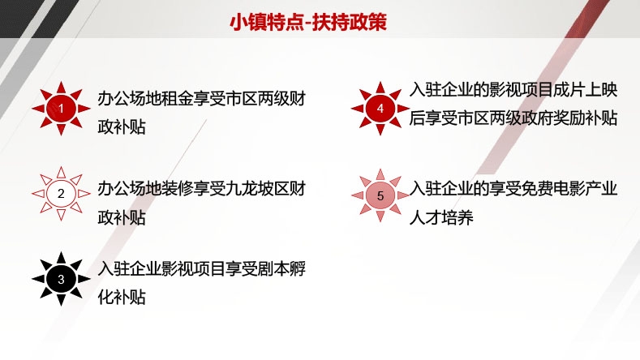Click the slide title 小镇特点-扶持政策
[308, 22]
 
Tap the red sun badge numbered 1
[61, 109]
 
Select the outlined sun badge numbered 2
[61, 194]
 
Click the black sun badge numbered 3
[61, 279]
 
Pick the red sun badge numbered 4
[380, 109]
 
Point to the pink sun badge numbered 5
[380, 195]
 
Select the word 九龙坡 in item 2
[249, 189]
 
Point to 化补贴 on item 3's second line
[122, 297]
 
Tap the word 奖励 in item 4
[569, 118]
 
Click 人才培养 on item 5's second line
[441, 217]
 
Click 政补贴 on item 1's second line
[122, 127]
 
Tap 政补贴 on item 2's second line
[122, 217]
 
